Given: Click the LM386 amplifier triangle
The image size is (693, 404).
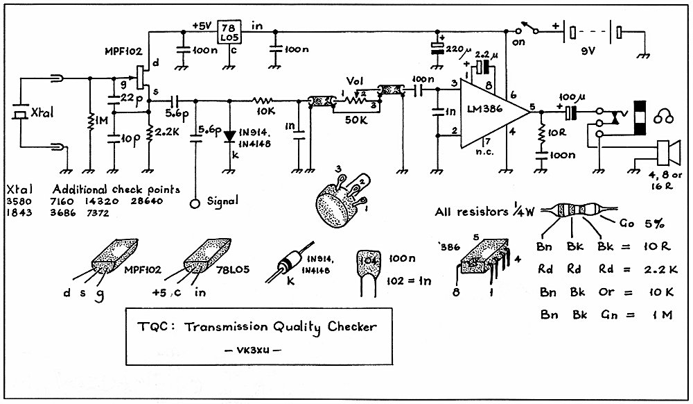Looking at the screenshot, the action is [491, 112].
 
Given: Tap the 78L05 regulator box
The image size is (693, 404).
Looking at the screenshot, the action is [229, 32].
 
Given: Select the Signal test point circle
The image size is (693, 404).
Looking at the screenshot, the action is [195, 203].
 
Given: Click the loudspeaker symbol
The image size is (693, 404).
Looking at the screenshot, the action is [668, 153].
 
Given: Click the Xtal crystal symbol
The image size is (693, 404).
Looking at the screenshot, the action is [19, 113].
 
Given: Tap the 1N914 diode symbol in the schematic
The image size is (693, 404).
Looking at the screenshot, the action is [229, 136].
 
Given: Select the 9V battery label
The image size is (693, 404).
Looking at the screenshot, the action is [588, 51].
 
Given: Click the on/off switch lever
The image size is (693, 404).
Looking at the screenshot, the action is [529, 26].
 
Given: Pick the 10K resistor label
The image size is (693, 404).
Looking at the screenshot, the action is [265, 111].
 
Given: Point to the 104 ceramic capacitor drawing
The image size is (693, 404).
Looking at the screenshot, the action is [368, 271].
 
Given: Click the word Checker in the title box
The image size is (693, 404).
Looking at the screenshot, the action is [352, 326].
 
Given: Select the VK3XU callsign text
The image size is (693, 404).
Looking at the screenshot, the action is [253, 350].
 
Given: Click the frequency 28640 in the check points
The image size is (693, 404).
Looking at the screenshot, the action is [147, 201].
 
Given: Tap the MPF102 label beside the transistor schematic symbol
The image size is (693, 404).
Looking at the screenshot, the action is [124, 51].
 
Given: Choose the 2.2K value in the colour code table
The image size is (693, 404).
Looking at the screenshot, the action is [660, 269].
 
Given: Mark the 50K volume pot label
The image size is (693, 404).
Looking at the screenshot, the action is [356, 120].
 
